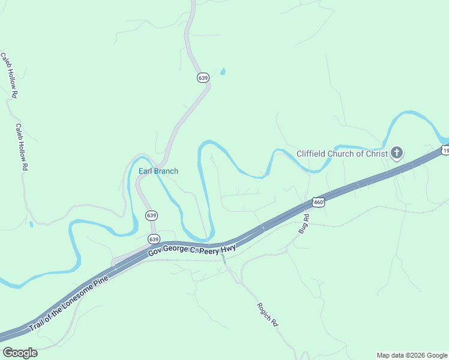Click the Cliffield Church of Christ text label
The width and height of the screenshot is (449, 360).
(342, 154)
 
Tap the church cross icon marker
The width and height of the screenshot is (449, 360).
(396, 154)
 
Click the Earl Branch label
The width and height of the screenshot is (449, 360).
(158, 171)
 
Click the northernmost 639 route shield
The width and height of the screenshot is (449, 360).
(203, 78)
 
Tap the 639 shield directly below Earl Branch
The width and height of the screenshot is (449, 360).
(152, 215)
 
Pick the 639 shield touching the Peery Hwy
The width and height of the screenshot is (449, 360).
(154, 239)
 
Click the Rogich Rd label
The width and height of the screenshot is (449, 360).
(268, 314)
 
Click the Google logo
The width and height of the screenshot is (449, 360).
(20, 353)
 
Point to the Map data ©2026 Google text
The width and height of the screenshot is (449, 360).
(412, 355)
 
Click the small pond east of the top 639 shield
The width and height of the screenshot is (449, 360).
(223, 72)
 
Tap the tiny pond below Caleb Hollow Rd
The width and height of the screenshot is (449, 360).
(31, 224)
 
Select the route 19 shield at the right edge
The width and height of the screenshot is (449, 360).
(445, 150)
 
